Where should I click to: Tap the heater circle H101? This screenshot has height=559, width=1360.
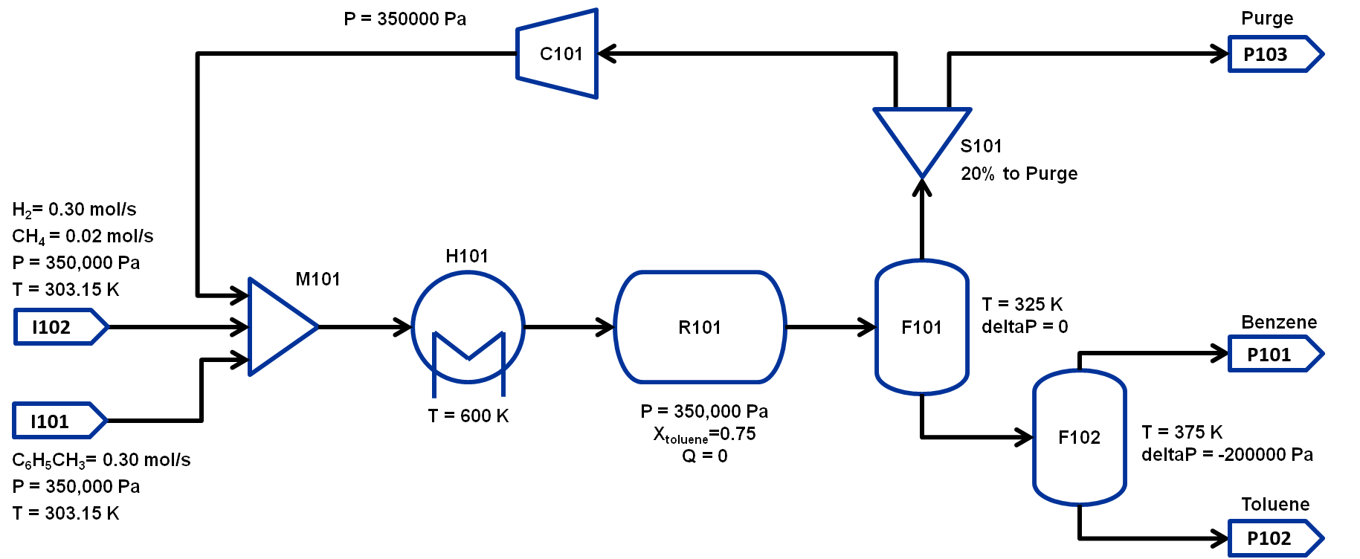(x=468, y=327)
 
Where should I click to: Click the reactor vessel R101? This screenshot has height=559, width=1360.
(x=700, y=327)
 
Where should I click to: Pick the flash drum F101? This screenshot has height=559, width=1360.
(x=922, y=327)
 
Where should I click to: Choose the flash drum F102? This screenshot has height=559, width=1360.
(x=1080, y=437)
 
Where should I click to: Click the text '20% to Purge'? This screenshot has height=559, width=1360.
(x=1019, y=174)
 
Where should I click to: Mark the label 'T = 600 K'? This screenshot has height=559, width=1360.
(x=468, y=416)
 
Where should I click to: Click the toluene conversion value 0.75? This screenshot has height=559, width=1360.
(x=738, y=434)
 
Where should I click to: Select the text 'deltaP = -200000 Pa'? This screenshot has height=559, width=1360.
(x=1227, y=455)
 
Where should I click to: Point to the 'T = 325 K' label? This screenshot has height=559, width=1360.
(x=1022, y=304)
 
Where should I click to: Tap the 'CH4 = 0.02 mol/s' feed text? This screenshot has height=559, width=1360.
(x=83, y=236)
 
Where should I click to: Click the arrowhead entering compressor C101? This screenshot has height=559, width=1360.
(x=607, y=54)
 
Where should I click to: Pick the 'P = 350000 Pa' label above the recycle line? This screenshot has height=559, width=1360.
(x=405, y=19)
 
